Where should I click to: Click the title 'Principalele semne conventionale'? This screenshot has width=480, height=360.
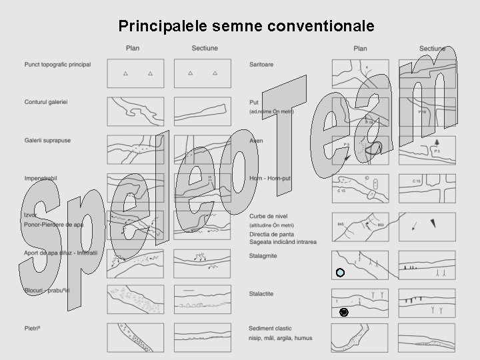(247, 26)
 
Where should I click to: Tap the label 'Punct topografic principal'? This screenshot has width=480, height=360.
(57, 65)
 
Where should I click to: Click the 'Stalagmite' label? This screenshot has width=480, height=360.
(264, 254)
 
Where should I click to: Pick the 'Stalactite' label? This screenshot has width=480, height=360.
(262, 293)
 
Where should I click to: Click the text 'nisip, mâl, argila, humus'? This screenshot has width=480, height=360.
(280, 338)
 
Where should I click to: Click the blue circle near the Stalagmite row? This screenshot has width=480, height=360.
(340, 273)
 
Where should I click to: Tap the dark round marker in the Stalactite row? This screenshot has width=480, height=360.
(343, 312)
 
